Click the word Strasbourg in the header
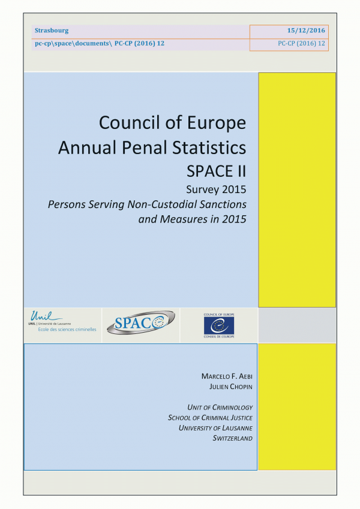52,31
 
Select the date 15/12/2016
306,31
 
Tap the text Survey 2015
217,191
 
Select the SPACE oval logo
140,323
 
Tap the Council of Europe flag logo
219,324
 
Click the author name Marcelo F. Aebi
227,376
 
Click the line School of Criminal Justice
210,417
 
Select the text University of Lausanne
215,427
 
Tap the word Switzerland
232,438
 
